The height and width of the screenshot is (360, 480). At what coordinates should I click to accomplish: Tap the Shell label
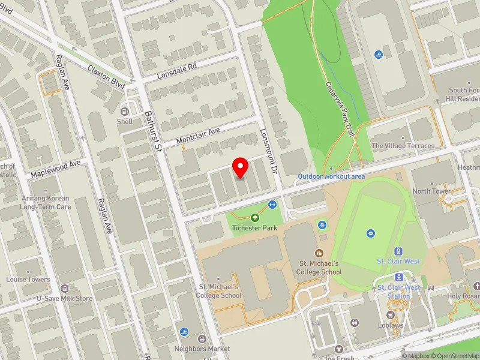(125, 121)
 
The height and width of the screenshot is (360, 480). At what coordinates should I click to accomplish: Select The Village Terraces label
(403, 146)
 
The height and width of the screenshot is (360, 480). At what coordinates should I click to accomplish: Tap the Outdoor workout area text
(331, 176)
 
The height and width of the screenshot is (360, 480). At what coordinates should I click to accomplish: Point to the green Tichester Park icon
(255, 218)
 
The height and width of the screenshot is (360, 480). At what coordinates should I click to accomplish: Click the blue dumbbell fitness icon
(272, 205)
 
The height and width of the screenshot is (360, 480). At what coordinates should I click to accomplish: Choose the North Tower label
(431, 191)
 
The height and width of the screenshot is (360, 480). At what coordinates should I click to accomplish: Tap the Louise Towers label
(28, 280)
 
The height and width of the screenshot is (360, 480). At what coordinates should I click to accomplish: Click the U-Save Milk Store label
(64, 298)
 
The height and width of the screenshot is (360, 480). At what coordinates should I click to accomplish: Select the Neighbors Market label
(202, 349)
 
